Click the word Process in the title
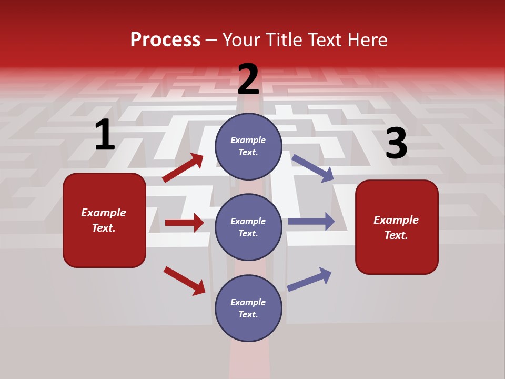pyautogui.click(x=165, y=40)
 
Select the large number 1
pyautogui.click(x=104, y=135)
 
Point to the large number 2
pyautogui.click(x=248, y=79)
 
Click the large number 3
pyautogui.click(x=396, y=144)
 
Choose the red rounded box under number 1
pyautogui.click(x=104, y=220)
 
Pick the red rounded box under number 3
pyautogui.click(x=397, y=227)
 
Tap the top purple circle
pyautogui.click(x=248, y=146)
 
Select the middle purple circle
pyautogui.click(x=248, y=227)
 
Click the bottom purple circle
pyautogui.click(x=248, y=308)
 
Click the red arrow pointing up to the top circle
pyautogui.click(x=183, y=168)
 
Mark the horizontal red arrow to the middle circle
pyautogui.click(x=184, y=223)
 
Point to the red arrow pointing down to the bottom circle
pyautogui.click(x=184, y=281)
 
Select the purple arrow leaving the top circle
pyautogui.click(x=313, y=168)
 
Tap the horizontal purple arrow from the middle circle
pyautogui.click(x=311, y=222)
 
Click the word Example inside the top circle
pyautogui.click(x=248, y=140)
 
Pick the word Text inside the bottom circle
pyautogui.click(x=247, y=314)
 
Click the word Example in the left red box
pyautogui.click(x=104, y=213)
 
